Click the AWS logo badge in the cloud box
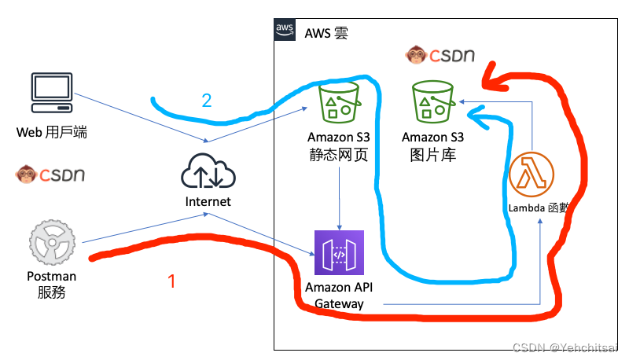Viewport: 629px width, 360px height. (x=285, y=30)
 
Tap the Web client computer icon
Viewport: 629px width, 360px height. (x=53, y=93)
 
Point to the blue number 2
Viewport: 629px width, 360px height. (x=207, y=100)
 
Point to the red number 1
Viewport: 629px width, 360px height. (x=175, y=279)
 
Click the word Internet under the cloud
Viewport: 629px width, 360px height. (x=208, y=201)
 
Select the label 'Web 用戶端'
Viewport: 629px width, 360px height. (x=52, y=132)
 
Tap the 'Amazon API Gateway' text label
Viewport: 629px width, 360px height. (x=339, y=296)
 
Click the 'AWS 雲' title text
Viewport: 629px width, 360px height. (x=326, y=32)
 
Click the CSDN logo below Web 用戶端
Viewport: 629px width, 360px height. (x=51, y=174)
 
